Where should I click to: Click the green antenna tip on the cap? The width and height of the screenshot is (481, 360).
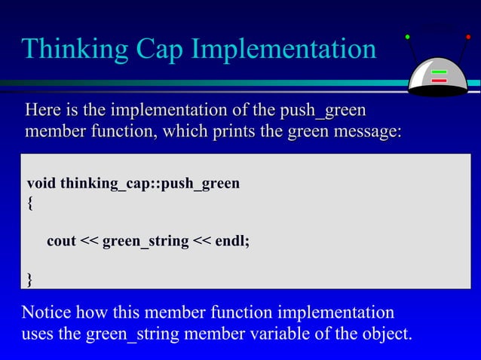click(407, 35)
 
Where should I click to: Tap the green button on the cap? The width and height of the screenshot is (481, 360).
click(439, 73)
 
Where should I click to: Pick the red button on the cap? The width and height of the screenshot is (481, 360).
click(439, 81)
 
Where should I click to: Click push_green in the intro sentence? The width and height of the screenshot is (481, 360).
click(323, 111)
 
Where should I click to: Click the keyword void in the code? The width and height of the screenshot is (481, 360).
click(41, 183)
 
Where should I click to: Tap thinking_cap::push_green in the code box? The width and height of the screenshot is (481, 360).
click(150, 183)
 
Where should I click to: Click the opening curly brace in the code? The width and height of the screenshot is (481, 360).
click(29, 203)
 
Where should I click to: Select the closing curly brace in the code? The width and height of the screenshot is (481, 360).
click(29, 280)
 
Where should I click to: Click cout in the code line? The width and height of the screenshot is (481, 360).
click(61, 242)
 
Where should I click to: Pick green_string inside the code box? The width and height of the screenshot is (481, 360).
click(146, 242)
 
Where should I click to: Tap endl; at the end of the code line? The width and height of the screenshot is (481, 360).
click(232, 242)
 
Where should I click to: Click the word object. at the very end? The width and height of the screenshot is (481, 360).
click(384, 333)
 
